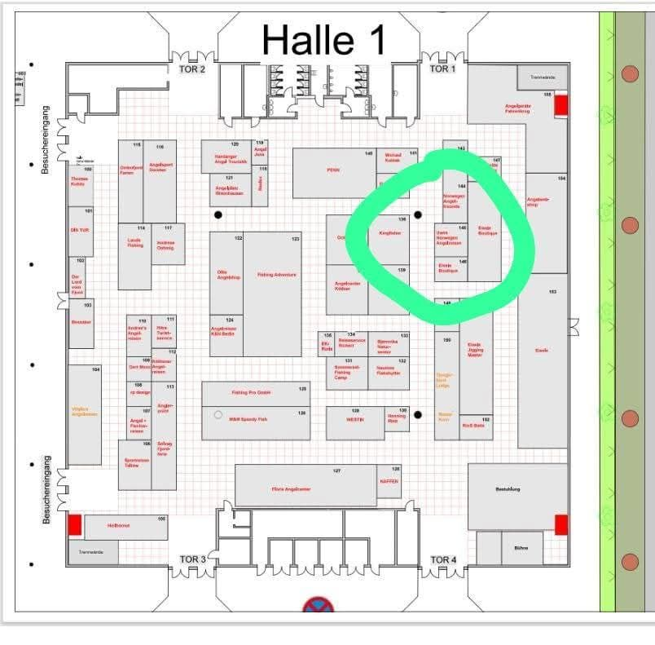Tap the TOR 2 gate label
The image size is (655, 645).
[x=192, y=69]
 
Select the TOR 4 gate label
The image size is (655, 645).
[x=443, y=559]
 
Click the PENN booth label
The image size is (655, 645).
[x=332, y=170]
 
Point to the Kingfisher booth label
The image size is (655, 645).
[x=390, y=233]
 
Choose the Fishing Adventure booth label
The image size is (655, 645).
[x=276, y=275]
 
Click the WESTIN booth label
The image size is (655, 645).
[x=354, y=420]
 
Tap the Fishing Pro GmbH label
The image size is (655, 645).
[x=251, y=393]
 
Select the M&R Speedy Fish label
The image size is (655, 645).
[x=248, y=419]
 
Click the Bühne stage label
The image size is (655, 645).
[x=521, y=548]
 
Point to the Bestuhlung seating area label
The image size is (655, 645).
[x=508, y=489]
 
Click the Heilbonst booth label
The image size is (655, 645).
[x=119, y=526]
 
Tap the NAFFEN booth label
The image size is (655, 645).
[x=389, y=481]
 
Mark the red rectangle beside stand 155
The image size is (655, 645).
[x=561, y=105]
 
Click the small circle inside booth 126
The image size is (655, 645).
[x=218, y=415]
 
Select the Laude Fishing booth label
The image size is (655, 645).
[x=135, y=243]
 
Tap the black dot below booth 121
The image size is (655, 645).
[x=218, y=215]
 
